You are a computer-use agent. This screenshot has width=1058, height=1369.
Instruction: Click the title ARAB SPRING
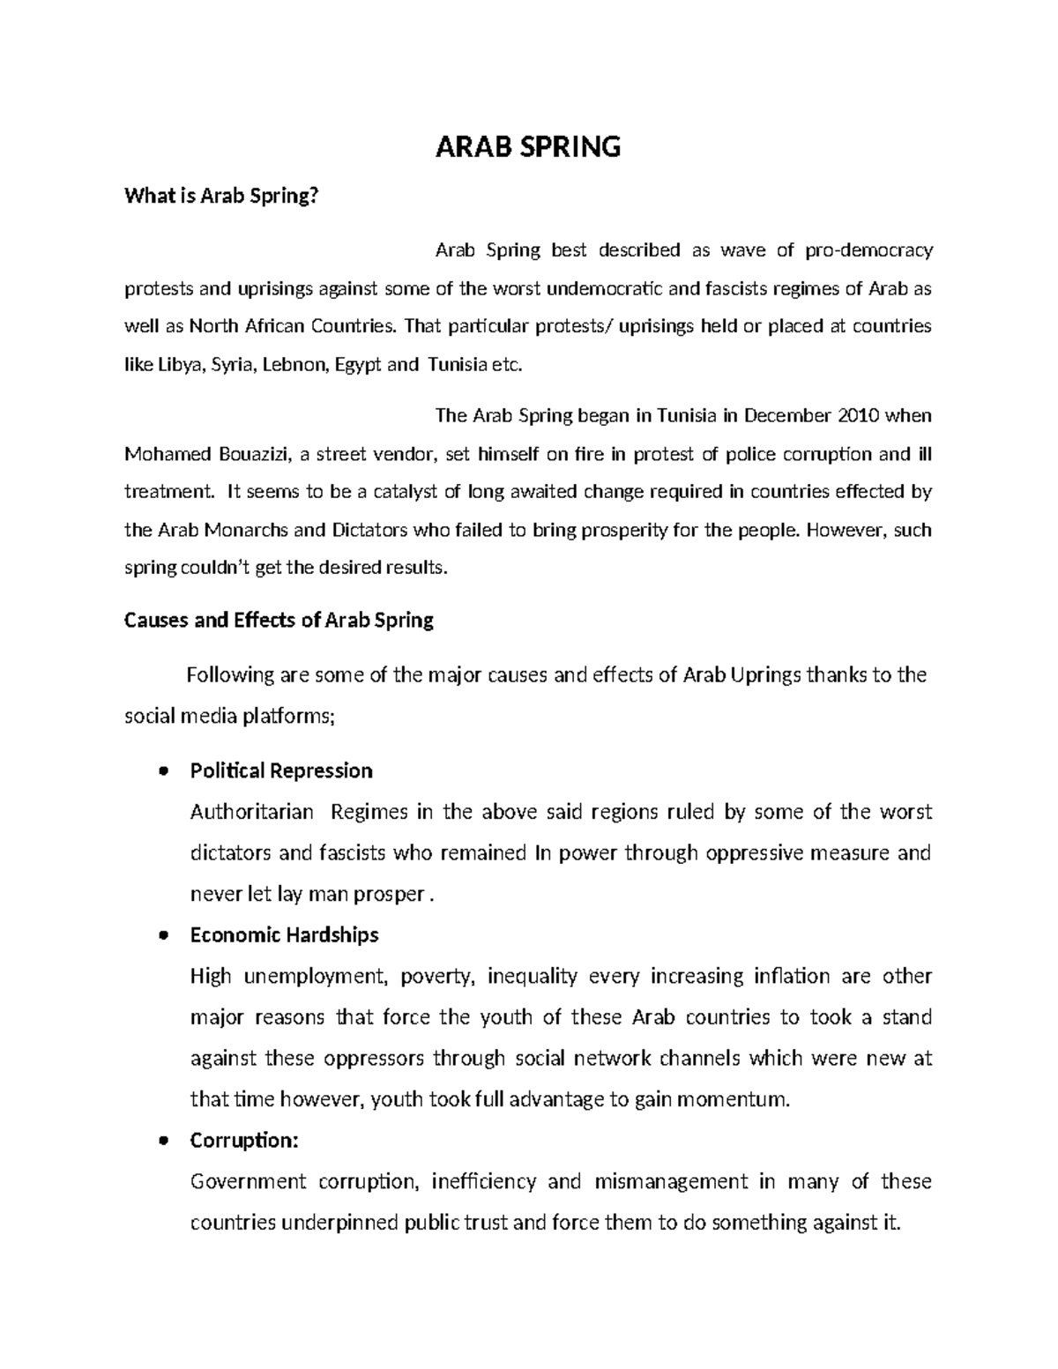coord(528,146)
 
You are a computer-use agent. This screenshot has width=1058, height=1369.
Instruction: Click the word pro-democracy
coord(868,250)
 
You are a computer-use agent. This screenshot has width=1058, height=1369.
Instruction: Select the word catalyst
coord(405,492)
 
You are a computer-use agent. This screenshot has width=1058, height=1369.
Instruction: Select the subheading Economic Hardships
coord(284,934)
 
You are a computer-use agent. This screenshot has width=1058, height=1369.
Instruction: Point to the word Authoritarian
coord(251,812)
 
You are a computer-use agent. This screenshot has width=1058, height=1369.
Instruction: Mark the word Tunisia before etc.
coord(457,365)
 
